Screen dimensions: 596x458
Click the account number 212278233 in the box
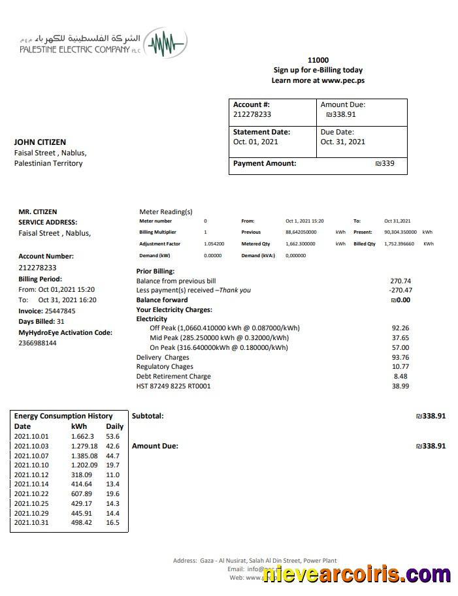pos(252,114)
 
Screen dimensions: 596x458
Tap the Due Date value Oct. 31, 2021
pos(342,142)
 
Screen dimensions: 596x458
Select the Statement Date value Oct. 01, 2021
pos(255,142)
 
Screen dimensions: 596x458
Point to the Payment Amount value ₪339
pos(385,163)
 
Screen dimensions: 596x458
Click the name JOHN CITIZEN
pos(40,142)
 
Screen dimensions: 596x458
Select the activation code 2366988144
pos(37,343)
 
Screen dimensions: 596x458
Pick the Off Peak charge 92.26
pos(400,328)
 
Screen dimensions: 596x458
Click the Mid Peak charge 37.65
pos(400,338)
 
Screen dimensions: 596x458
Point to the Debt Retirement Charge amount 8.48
pos(400,376)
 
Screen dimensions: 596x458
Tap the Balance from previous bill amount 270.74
pos(400,281)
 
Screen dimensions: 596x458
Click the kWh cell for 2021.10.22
pos(82,494)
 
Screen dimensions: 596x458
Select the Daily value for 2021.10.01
pos(112,436)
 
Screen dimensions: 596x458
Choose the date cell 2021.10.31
pos(31,522)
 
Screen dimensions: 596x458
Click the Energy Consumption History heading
pos(63,416)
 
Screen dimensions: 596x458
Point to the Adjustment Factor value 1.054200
pos(214,243)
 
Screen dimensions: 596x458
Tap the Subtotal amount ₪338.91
pos(431,416)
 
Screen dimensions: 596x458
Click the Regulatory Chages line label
pos(165,367)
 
